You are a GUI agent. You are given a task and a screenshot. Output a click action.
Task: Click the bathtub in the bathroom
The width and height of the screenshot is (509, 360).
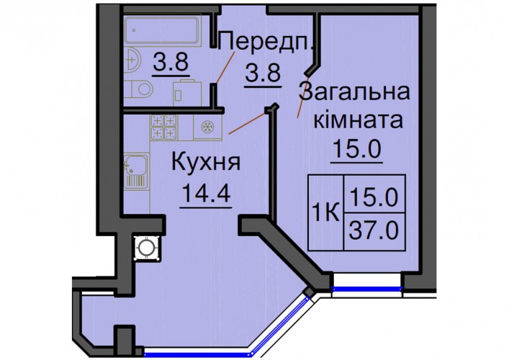pyautogui.click(x=161, y=30)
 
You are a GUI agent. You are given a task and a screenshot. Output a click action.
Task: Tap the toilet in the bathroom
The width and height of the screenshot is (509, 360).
pyautogui.click(x=139, y=89)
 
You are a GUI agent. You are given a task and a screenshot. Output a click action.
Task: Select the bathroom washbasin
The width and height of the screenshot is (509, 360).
pyautogui.click(x=132, y=60)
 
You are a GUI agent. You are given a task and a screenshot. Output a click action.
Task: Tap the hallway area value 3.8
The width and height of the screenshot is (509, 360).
pyautogui.click(x=263, y=73)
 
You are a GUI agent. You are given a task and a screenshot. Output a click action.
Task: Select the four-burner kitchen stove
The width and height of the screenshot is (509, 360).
pyautogui.click(x=164, y=127)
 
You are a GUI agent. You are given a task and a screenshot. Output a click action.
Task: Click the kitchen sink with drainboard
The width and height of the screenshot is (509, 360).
pyautogui.click(x=136, y=171)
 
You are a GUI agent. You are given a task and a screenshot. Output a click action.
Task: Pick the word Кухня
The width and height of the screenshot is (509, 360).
pyautogui.click(x=206, y=162)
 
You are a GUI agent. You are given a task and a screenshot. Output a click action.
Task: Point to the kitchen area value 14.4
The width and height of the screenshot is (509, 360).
pyautogui.click(x=207, y=193)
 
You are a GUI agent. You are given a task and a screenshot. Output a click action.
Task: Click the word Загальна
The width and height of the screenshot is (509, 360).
pyautogui.click(x=353, y=92)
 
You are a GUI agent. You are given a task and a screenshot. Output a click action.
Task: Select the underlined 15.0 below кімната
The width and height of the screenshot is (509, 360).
pyautogui.click(x=357, y=149)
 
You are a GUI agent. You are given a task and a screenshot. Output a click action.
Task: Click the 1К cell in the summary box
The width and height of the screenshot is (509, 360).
pyautogui.click(x=325, y=212)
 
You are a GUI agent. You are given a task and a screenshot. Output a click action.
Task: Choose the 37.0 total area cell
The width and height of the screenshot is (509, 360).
pyautogui.click(x=374, y=231)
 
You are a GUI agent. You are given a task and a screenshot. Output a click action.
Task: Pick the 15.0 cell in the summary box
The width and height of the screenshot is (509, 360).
pyautogui.click(x=374, y=194)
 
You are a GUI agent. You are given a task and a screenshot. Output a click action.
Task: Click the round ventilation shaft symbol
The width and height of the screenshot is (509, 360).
pyautogui.click(x=148, y=248)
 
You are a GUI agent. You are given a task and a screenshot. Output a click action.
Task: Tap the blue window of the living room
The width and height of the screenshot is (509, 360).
pyautogui.click(x=367, y=288)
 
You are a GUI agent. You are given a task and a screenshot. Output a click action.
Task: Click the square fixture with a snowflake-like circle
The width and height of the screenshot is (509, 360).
pyautogui.click(x=207, y=127)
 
